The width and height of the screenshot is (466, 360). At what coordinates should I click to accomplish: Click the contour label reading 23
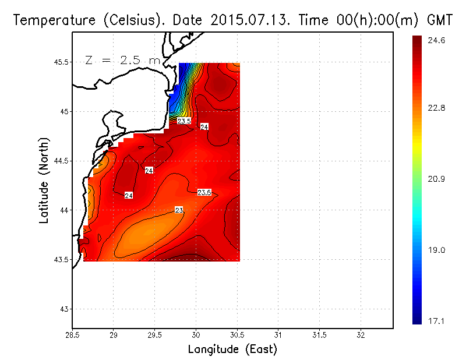pos(179,210)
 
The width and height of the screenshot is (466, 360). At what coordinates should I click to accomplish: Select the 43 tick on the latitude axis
pos(64,309)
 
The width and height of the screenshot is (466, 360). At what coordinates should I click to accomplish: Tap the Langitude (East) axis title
pos(232,350)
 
